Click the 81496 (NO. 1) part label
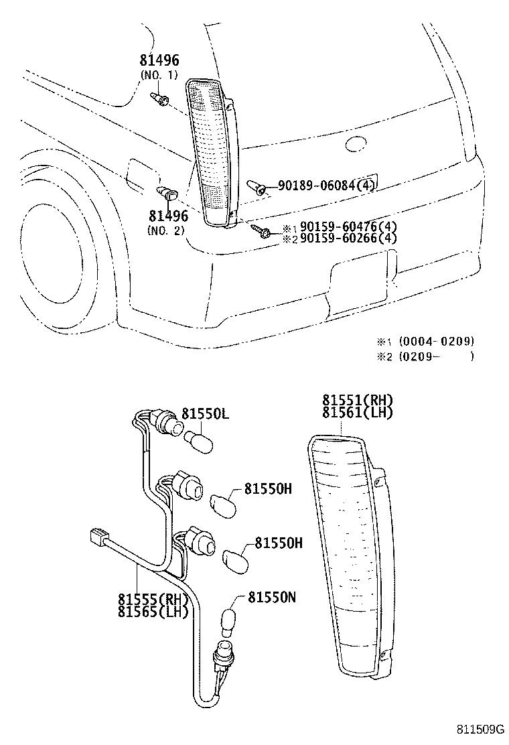(x=159, y=68)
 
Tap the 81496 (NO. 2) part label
(x=167, y=222)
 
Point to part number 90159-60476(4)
(x=348, y=227)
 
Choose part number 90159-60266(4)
(x=348, y=239)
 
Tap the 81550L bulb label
(x=206, y=415)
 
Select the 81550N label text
(x=271, y=597)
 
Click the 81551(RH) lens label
(x=356, y=401)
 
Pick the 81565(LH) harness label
(x=153, y=610)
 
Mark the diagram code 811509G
(x=480, y=730)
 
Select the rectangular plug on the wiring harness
(x=99, y=537)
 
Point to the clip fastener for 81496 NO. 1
(x=160, y=100)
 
